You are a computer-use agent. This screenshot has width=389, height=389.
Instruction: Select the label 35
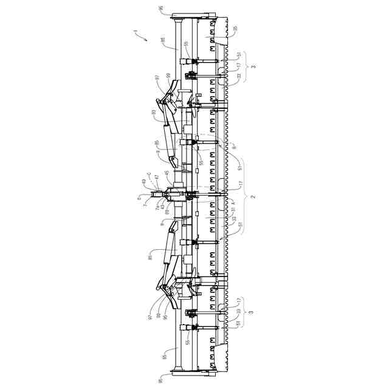point(235,29)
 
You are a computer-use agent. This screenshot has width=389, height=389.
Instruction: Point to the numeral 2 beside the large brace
point(253,197)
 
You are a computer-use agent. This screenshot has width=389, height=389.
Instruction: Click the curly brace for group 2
point(244,197)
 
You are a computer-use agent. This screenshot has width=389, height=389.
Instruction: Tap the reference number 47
point(156,177)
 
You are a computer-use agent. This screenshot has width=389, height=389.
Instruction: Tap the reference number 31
point(233,210)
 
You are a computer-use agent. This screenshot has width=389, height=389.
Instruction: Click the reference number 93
point(154,112)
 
